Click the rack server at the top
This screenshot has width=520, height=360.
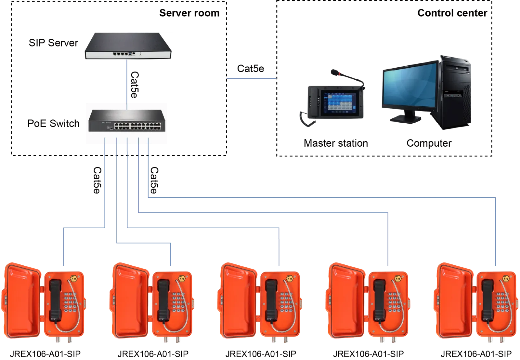click(128, 46)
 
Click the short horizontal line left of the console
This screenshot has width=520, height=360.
click(252, 79)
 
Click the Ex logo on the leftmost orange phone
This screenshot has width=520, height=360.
click(74, 279)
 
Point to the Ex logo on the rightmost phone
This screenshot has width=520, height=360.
click(506, 279)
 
